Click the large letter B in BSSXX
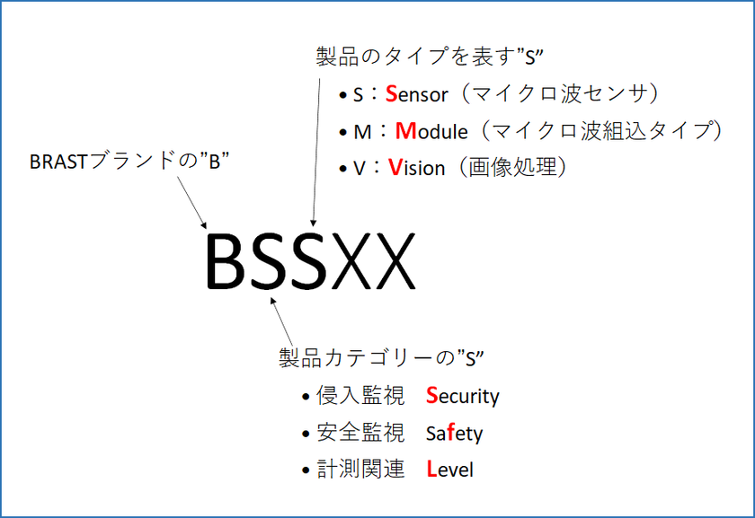pos(225,261)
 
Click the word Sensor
pos(416,93)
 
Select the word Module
pos(431,131)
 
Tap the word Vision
pos(416,167)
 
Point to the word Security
pos(463,396)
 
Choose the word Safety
pos(454,433)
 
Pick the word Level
pos(449,470)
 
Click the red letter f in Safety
pos(450,433)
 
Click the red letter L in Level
pos(431,470)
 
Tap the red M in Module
pos(405,131)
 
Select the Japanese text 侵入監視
pos(360,396)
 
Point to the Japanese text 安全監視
pos(360,433)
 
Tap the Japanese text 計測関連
pos(360,469)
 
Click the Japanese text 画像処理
pos(513,167)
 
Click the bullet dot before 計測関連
pos(306,470)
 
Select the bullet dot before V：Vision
pos(342,169)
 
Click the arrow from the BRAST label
pos(192,203)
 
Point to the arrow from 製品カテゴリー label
pos(281,321)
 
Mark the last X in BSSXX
pos(393,261)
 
